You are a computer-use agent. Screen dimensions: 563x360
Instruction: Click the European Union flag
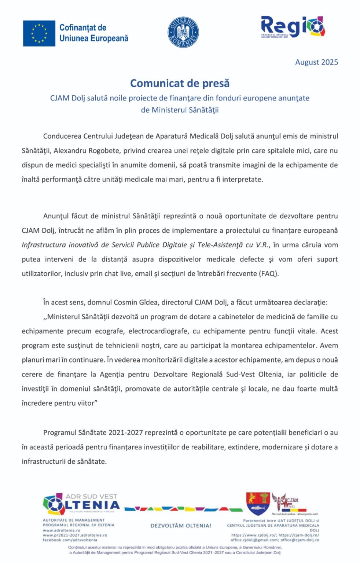click(x=39, y=33)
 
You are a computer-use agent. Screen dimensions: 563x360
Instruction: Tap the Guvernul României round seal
click(x=183, y=32)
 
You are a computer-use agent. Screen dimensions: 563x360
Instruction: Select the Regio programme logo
click(x=293, y=27)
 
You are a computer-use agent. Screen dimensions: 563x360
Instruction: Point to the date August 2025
click(x=316, y=62)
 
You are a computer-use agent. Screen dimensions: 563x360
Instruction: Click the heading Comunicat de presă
click(x=180, y=83)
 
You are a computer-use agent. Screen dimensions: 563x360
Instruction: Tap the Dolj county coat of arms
click(x=258, y=504)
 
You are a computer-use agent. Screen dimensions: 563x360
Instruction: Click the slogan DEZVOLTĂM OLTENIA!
click(x=181, y=526)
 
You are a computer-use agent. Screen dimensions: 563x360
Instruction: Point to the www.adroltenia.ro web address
click(x=61, y=530)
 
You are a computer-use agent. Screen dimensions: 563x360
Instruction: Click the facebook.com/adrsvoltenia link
click(x=70, y=540)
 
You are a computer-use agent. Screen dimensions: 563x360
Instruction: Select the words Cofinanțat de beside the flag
click(x=83, y=28)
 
